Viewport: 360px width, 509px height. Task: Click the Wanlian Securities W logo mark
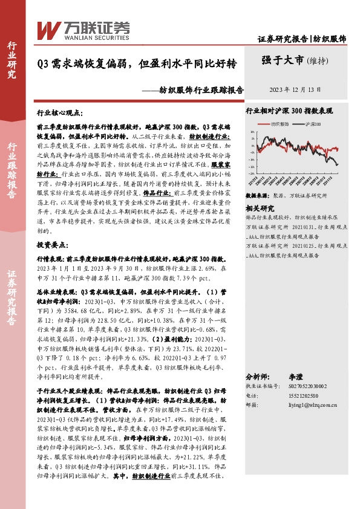tap(47, 28)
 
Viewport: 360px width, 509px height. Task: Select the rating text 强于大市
tap(282, 59)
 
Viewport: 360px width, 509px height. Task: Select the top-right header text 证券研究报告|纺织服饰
tap(302, 39)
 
